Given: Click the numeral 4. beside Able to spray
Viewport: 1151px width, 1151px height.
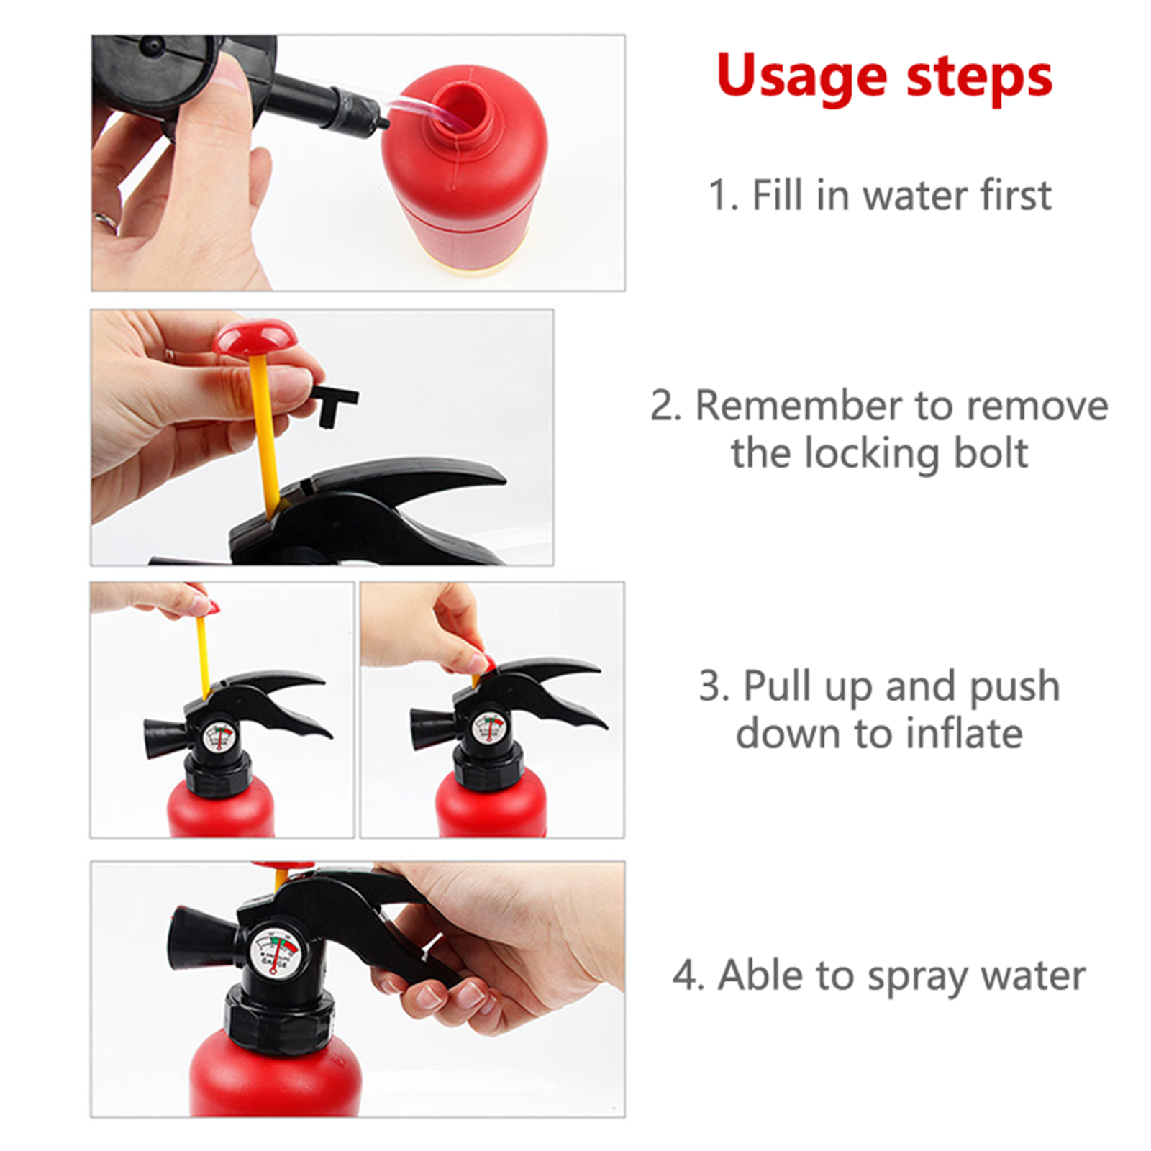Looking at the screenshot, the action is pyautogui.click(x=689, y=976).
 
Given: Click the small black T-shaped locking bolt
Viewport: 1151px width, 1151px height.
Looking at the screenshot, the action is pyautogui.click(x=333, y=405).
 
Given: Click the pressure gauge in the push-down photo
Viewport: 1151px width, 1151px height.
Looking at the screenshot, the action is pyautogui.click(x=488, y=729).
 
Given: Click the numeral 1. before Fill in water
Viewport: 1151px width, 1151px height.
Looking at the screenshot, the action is pyautogui.click(x=724, y=196).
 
